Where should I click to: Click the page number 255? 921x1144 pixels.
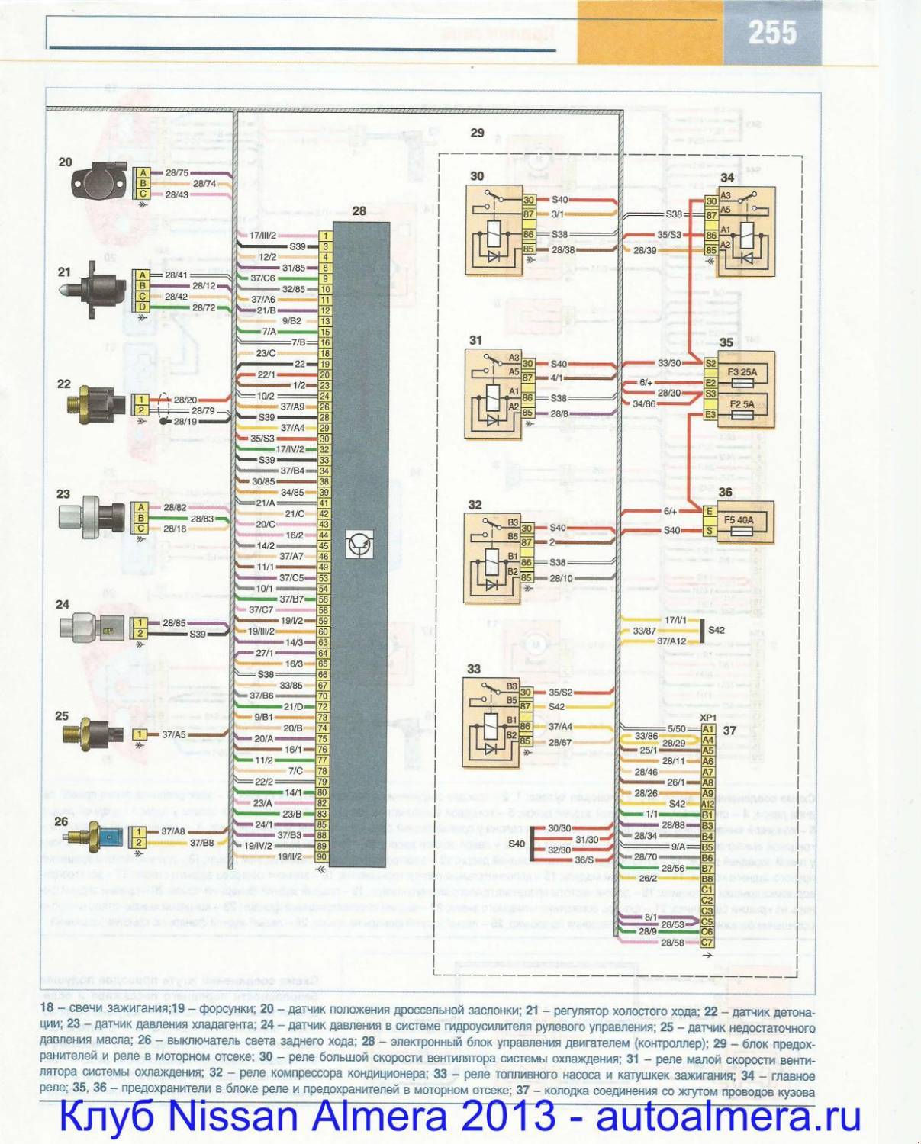pos(772,33)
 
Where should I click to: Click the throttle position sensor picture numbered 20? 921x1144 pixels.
pos(97,183)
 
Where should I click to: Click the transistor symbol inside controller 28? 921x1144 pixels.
pos(359,544)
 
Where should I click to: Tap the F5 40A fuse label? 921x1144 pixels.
pos(739,520)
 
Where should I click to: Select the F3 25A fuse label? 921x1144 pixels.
pos(742,372)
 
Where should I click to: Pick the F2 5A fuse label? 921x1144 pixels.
pos(742,405)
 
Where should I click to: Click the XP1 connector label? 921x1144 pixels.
pos(708,718)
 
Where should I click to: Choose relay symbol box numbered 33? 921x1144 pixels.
pos(491,721)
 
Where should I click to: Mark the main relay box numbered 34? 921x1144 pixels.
pos(745,232)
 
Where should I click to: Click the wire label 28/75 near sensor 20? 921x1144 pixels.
pos(177,173)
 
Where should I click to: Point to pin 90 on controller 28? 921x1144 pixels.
pos(324,856)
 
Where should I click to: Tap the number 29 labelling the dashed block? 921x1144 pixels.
pos(477,133)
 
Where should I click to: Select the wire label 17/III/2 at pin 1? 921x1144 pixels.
pos(262,236)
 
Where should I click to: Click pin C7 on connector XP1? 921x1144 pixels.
pos(707,943)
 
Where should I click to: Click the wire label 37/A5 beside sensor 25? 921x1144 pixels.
pos(173,734)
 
